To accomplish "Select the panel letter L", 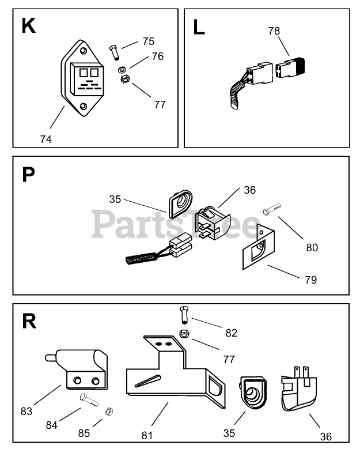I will click(x=199, y=27).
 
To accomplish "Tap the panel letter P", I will click(x=28, y=174).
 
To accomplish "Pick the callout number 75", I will click(x=148, y=41).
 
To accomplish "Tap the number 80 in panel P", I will click(x=312, y=247).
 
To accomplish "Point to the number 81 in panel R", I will click(x=147, y=435).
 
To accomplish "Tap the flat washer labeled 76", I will click(x=122, y=70).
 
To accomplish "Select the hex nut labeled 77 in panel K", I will click(x=123, y=80).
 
